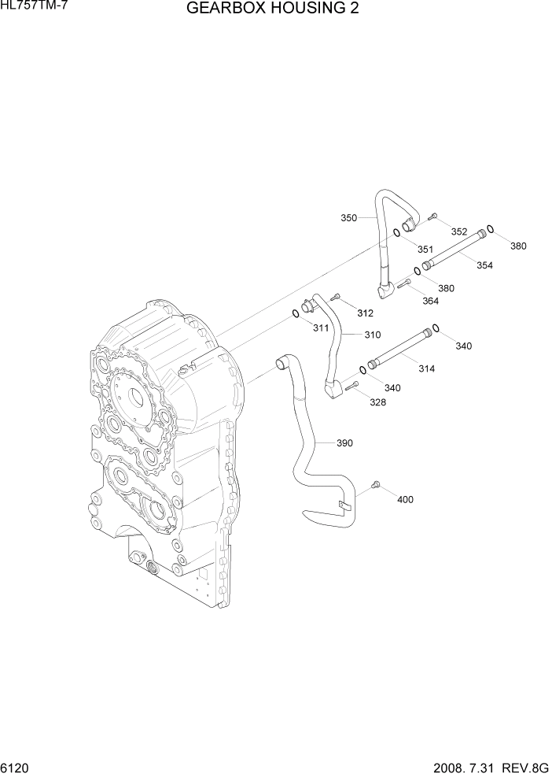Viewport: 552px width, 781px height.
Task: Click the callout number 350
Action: [348, 217]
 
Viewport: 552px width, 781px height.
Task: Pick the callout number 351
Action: [425, 250]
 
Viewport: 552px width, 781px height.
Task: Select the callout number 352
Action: [459, 231]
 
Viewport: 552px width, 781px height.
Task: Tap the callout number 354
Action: [484, 265]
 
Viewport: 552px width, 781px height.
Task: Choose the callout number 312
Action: [364, 313]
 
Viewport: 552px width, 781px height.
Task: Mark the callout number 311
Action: [320, 328]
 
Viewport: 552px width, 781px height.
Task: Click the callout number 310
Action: [372, 335]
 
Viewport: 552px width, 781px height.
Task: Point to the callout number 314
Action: [427, 368]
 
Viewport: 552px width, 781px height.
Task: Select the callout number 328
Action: [377, 402]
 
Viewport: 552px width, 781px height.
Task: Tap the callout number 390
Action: [344, 443]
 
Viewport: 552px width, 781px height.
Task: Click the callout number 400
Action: [405, 499]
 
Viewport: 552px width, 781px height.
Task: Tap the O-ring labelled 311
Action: [294, 314]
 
